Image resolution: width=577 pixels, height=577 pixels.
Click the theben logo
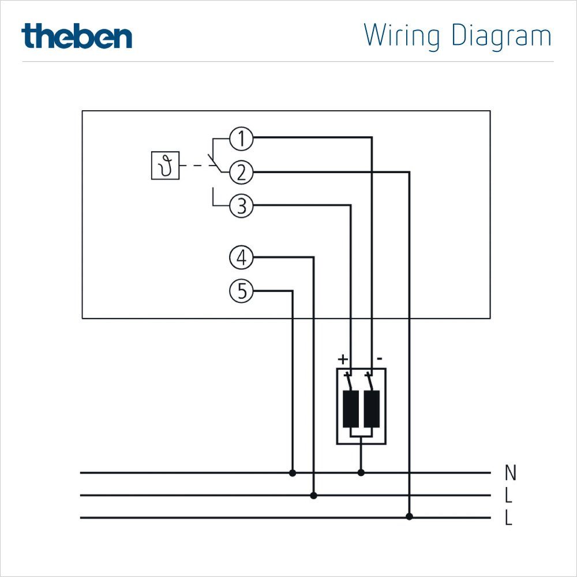pos(77,36)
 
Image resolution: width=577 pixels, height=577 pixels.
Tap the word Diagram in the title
pos(501,36)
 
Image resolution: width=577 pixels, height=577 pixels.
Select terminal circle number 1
pos(241,138)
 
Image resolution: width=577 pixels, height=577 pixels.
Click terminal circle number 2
pos(241,172)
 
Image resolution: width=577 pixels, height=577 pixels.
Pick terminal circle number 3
pos(241,206)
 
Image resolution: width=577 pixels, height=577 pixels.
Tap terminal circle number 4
pos(241,257)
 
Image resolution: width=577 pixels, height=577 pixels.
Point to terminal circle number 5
pos(241,291)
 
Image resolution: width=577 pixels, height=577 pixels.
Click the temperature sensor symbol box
pos(165,166)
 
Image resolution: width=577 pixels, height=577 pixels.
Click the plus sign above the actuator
pos(343,359)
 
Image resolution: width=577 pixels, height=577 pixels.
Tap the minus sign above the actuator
pos(379,359)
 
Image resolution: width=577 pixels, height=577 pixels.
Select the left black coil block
pos(350,409)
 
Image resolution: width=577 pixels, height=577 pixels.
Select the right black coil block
pos(372,409)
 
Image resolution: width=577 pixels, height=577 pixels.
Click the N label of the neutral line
pos(510,473)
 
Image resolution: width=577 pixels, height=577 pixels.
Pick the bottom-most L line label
pos(508,518)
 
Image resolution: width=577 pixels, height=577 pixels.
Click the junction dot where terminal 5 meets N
pos(293,473)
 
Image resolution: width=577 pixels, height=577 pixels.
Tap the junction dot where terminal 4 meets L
pos(314,495)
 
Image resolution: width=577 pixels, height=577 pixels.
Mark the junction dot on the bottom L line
pos(410,516)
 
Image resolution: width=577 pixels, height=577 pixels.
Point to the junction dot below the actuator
pos(361,473)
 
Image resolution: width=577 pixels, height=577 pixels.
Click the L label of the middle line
pos(508,496)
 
